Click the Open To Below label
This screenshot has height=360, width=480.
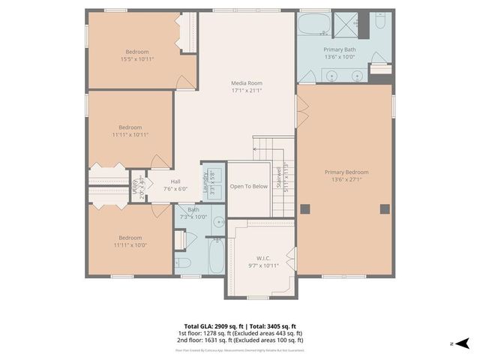248,186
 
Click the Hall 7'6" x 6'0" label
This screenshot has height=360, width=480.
175,185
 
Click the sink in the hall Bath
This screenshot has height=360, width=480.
217,222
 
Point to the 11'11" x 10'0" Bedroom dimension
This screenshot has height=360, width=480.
130,244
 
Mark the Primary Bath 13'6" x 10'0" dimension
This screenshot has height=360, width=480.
339,56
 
